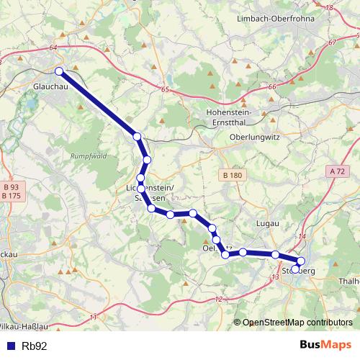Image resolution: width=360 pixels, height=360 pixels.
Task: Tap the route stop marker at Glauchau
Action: (x=59, y=71)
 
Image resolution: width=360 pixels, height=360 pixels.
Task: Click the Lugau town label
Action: (x=267, y=224)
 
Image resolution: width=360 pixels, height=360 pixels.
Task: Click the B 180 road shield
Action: (x=232, y=175)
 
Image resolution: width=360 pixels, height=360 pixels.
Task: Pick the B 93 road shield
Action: (x=12, y=186)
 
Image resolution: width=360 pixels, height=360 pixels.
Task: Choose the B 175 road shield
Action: (x=12, y=195)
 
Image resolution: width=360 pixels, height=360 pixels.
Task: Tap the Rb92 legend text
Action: (x=35, y=346)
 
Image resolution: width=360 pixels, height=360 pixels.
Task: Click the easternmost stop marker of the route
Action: (x=301, y=261)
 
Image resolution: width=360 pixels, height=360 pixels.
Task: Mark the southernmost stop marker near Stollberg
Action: (x=296, y=270)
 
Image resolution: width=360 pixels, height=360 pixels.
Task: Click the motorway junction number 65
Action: (x=165, y=89)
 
